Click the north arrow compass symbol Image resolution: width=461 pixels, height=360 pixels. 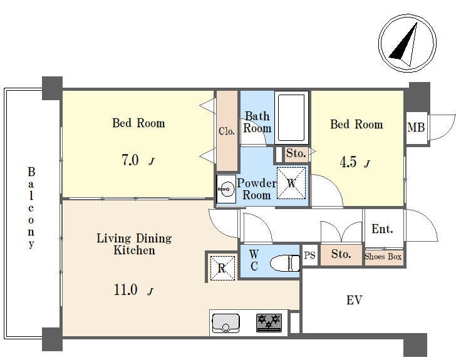407,43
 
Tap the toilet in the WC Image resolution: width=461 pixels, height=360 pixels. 285,263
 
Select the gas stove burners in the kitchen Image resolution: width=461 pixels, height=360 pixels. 269,322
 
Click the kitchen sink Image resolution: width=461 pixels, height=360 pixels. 225,323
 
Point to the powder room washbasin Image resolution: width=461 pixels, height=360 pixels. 226,189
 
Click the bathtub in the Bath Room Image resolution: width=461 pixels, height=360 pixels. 291,118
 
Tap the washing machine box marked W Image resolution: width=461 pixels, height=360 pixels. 291,183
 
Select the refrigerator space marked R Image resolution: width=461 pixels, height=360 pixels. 222,268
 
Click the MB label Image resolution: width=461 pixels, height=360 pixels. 416,127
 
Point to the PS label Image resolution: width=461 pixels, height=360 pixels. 309,255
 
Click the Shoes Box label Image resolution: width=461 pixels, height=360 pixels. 383,257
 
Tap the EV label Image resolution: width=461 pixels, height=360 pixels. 354,300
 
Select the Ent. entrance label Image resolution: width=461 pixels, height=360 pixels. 382,229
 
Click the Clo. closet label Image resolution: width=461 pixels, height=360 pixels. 226,131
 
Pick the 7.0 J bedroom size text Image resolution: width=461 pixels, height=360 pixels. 138,160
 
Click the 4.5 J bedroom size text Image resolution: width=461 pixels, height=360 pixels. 355,162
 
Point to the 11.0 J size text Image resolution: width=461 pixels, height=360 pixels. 134,290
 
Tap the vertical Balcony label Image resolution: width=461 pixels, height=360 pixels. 31,208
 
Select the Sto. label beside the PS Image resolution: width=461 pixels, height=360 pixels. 341,254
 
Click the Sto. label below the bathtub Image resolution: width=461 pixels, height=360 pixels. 296,153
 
